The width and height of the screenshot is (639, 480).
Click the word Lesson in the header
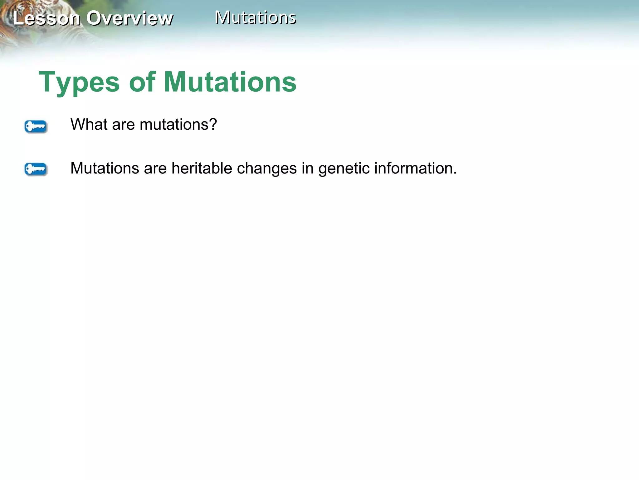point(46,18)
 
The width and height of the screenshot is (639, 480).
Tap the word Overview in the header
point(129,18)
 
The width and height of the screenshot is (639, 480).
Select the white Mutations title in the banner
point(256,17)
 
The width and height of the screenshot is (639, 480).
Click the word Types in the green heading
point(79,82)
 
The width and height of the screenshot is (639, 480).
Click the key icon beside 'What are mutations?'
point(36,127)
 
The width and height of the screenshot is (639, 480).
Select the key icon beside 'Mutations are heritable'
point(36,169)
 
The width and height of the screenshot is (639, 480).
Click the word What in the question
point(89,124)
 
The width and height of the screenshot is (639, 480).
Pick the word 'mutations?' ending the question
point(178,124)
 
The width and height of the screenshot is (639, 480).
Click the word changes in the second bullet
point(267,168)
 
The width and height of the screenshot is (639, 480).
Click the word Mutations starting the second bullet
point(105,168)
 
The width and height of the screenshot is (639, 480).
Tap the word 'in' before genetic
point(307,168)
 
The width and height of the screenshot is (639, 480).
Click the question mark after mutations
point(213,124)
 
